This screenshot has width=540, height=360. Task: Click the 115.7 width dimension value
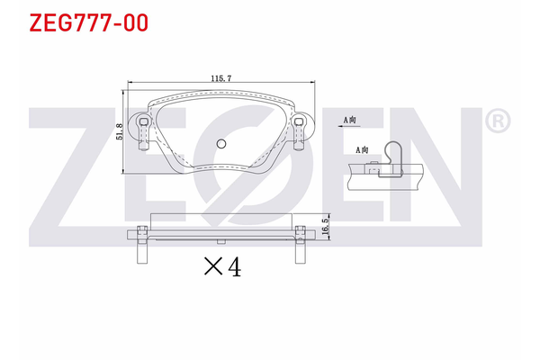[x=220, y=79]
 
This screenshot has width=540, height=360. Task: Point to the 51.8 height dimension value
[x=118, y=131]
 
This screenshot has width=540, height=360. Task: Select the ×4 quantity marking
[x=222, y=266]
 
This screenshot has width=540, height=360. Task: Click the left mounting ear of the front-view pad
[x=143, y=128]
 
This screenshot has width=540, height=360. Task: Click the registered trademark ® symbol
[x=497, y=120]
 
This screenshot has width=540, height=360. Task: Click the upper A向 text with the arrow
[x=351, y=118]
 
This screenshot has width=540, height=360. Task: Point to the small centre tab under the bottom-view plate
[x=220, y=243]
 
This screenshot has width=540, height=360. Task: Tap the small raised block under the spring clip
[x=371, y=166]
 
